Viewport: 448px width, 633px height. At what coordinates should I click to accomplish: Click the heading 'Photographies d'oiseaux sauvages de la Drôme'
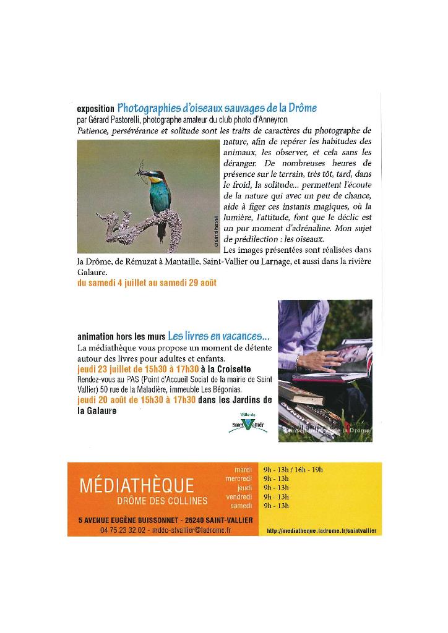coord(217,108)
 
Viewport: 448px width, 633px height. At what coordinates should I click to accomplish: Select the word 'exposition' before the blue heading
coord(95,109)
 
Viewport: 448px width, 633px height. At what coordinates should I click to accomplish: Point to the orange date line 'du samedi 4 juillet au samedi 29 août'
coord(147,283)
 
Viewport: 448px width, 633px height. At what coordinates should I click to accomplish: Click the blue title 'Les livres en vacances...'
coord(218,337)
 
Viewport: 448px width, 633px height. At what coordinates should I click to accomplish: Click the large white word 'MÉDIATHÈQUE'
coord(137,486)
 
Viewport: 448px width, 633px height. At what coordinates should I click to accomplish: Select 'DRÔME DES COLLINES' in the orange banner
coord(162,500)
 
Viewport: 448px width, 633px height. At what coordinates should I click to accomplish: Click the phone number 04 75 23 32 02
coord(123,530)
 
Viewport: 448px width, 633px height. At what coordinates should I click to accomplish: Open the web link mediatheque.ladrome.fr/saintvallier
coord(321,531)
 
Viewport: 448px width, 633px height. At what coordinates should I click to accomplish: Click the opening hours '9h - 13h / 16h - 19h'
coord(293,469)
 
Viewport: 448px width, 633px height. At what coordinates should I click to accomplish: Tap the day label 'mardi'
coord(244,469)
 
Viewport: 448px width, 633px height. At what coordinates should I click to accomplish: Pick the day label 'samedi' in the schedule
coord(243,506)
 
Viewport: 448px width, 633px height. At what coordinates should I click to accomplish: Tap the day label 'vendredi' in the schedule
coord(241,496)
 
